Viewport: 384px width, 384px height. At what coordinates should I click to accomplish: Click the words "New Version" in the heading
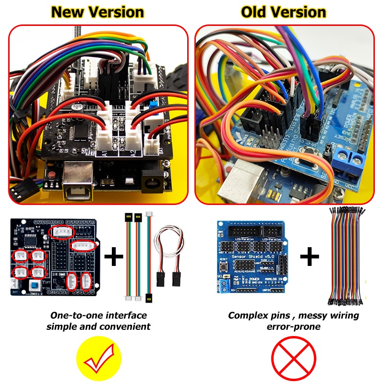coord(97,12)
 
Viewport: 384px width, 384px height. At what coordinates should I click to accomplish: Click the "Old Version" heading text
coord(284,12)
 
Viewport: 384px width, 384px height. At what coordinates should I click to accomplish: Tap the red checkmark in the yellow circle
coord(99,359)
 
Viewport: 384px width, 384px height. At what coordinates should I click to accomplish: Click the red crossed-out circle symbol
coord(294,359)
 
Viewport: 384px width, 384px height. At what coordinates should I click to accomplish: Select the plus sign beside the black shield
coord(114,257)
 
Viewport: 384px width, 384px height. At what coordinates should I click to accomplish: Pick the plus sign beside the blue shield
coord(310,257)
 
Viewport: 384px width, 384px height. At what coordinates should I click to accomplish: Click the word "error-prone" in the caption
coord(293,327)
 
